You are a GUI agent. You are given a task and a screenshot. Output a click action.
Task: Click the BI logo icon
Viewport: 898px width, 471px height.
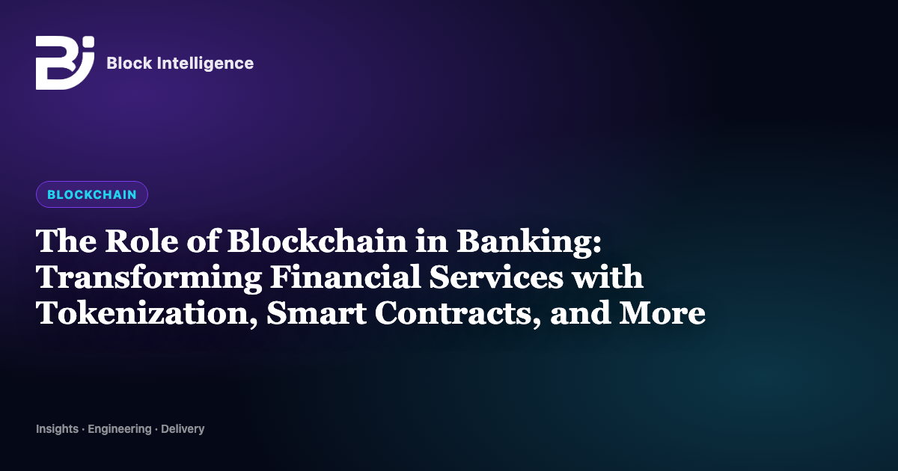[65, 63]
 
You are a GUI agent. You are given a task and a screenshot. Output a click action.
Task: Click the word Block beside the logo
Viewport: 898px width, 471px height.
[129, 63]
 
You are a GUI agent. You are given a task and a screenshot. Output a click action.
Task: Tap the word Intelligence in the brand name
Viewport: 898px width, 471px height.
[205, 64]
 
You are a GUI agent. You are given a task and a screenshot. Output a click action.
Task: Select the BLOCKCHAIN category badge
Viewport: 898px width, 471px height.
[92, 194]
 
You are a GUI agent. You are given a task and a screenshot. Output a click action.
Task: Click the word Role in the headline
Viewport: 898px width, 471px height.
[141, 241]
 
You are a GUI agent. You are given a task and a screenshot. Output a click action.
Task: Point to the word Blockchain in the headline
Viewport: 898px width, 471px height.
[317, 241]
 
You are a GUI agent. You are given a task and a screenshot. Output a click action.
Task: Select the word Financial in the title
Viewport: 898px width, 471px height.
[346, 277]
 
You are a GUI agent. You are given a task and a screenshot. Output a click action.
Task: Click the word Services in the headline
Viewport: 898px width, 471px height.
[496, 277]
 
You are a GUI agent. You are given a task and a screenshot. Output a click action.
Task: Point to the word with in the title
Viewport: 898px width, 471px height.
[608, 277]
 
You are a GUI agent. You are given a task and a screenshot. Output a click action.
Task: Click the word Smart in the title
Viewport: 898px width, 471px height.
[317, 313]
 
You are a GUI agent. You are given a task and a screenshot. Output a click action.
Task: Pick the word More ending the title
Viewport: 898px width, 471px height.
[662, 313]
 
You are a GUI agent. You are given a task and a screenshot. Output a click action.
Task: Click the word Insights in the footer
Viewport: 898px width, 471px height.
[58, 429]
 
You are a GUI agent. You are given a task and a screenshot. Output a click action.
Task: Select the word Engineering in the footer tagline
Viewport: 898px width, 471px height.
[120, 429]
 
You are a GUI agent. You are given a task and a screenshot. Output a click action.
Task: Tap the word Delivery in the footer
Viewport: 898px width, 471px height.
[183, 429]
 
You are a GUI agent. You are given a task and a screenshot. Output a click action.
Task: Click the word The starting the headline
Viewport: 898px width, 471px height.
[66, 241]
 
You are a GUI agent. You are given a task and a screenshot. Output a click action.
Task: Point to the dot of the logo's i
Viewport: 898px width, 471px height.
[89, 41]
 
